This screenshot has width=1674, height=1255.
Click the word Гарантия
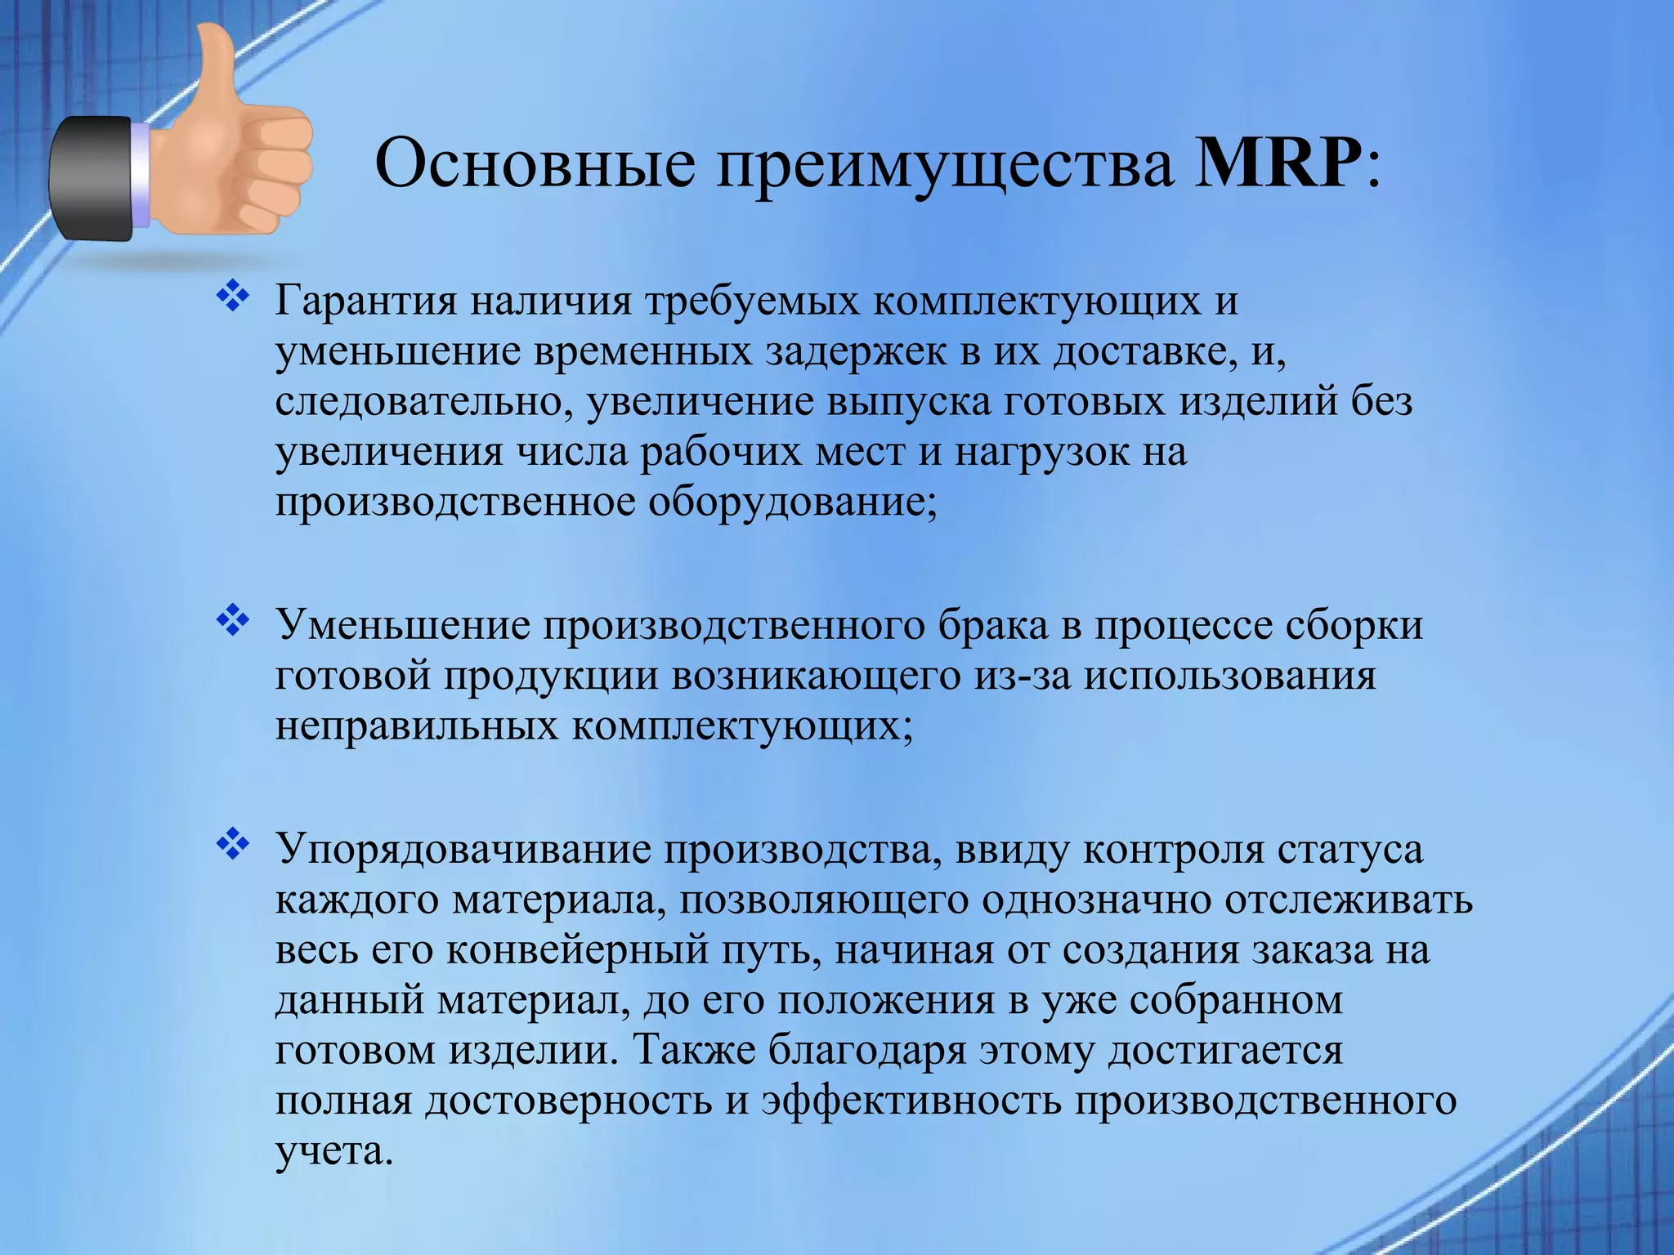(x=365, y=301)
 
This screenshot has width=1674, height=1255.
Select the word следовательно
(x=424, y=402)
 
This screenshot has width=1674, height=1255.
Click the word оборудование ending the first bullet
(x=792, y=502)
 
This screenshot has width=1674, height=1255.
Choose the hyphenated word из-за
(x=1022, y=677)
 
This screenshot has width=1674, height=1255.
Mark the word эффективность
(x=911, y=1101)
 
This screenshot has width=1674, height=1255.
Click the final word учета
(x=330, y=1151)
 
